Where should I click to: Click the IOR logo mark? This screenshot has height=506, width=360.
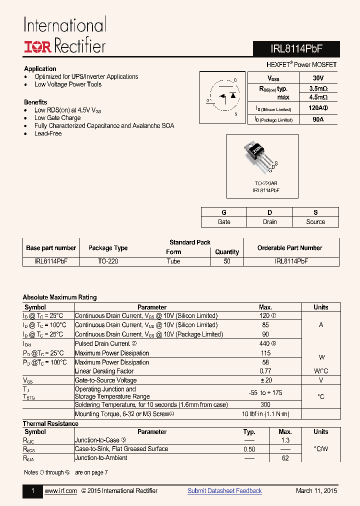click(37, 46)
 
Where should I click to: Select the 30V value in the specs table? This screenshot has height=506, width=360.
click(317, 78)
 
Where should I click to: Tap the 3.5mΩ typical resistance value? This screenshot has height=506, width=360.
click(318, 88)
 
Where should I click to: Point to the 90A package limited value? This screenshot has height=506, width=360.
click(317, 119)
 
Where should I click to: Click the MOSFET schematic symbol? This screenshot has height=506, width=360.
click(222, 97)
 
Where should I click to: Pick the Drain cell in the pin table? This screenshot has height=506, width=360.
click(269, 222)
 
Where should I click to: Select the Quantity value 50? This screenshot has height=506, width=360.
click(227, 261)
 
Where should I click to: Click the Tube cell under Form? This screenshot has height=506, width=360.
click(173, 261)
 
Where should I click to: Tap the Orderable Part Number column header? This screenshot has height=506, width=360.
click(289, 248)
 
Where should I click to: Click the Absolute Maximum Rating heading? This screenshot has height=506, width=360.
click(59, 297)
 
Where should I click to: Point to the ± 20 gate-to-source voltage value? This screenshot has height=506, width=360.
click(265, 380)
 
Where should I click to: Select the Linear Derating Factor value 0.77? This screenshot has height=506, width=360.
click(265, 371)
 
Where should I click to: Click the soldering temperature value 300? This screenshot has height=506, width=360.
click(265, 404)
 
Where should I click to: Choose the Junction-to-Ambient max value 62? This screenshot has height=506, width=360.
click(285, 458)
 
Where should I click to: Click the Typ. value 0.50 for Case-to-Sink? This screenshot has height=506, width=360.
click(249, 449)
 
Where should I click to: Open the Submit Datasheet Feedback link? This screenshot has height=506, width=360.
click(224, 491)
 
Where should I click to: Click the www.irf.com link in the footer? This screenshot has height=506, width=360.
click(60, 491)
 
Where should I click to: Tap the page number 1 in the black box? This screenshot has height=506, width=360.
click(33, 491)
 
